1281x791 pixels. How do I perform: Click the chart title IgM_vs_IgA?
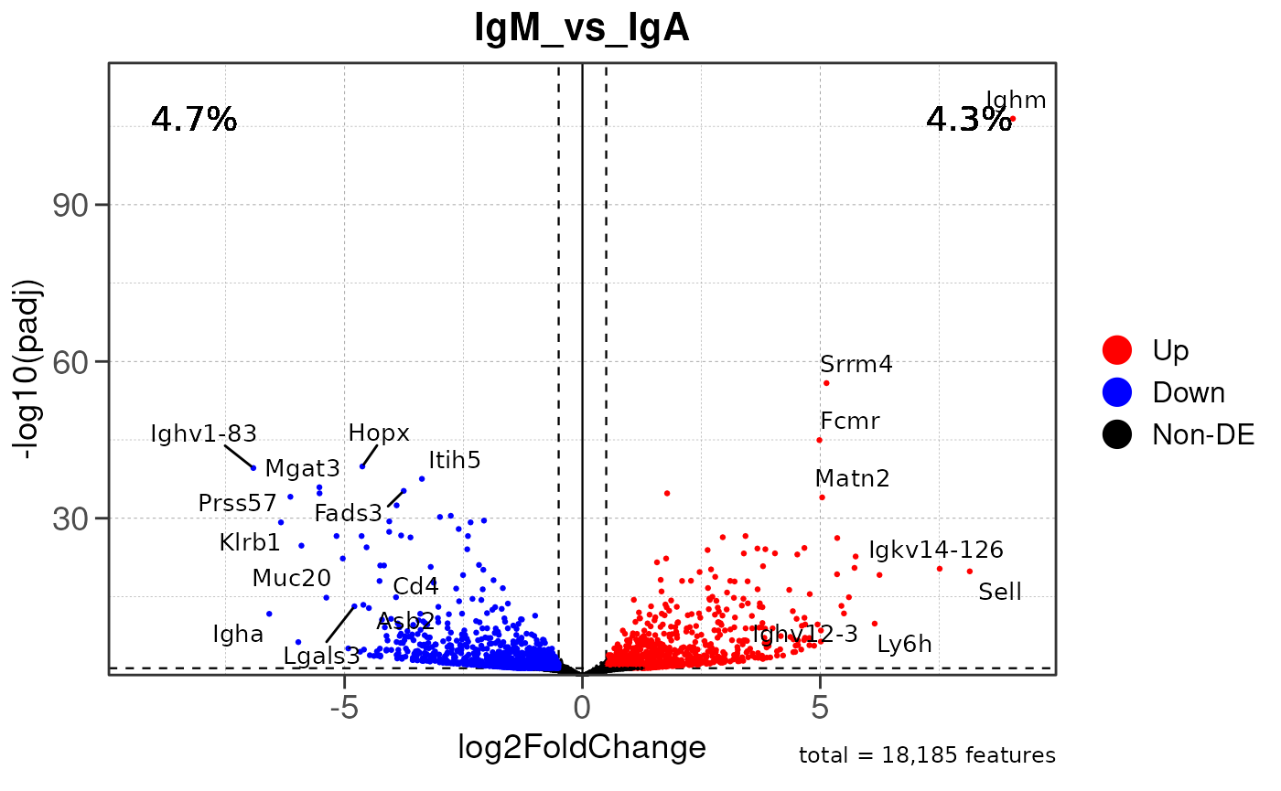point(582,29)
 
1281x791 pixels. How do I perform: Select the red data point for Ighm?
point(1012,118)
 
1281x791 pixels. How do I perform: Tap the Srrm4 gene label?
point(856,364)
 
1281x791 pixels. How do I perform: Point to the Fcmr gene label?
point(849,422)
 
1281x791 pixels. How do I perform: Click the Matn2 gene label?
point(852,478)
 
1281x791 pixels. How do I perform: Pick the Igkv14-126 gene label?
point(935,550)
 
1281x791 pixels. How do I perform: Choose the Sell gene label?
point(999,592)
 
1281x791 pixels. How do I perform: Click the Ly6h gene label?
point(904,644)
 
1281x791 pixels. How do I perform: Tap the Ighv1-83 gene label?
point(203,433)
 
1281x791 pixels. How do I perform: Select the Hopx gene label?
point(379,433)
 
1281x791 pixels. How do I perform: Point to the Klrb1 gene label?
point(250,542)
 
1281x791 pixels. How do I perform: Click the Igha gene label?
point(238,634)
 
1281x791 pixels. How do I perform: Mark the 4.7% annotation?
point(194,119)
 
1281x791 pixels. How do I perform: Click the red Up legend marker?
point(1117,349)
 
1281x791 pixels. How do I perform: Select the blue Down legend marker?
point(1117,392)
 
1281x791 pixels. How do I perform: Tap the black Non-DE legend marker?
point(1117,434)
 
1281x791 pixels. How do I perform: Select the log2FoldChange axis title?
point(582,747)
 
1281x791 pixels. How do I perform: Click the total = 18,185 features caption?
point(927,755)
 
